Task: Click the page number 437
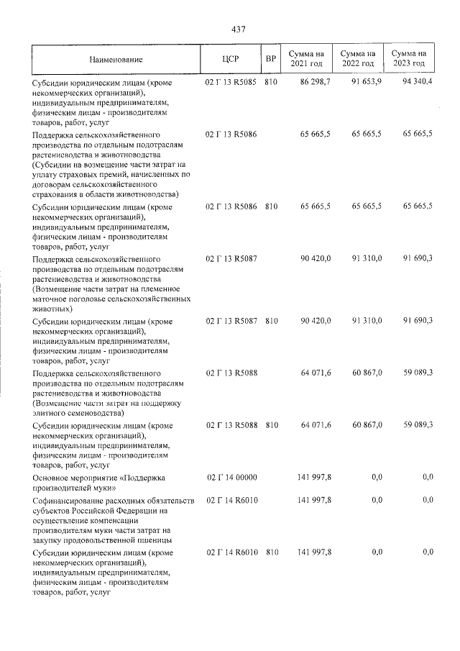(x=239, y=29)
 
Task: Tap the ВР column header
(x=270, y=58)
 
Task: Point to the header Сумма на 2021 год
(x=306, y=58)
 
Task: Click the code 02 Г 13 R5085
(x=231, y=83)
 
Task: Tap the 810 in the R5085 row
(x=271, y=83)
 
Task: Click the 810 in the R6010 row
(x=271, y=552)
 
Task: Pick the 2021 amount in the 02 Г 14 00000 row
(x=314, y=478)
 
